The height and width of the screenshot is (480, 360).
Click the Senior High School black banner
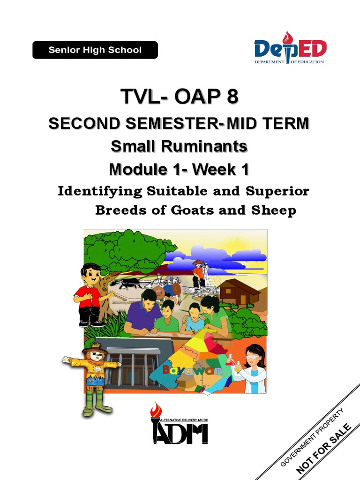(x=95, y=50)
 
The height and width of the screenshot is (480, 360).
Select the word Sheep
(x=276, y=210)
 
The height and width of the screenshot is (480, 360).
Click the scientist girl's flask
(x=230, y=360)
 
